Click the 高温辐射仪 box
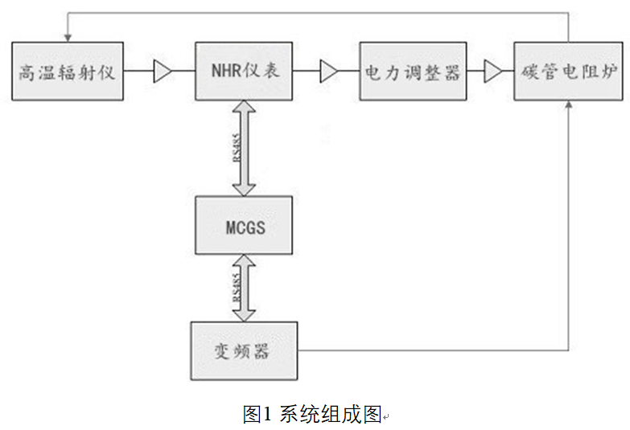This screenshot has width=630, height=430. coord(68,72)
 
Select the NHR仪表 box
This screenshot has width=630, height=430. coord(244,72)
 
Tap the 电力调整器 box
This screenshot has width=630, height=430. coord(413,72)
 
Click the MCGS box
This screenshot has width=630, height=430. coord(244,227)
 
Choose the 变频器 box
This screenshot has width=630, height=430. coord(244,351)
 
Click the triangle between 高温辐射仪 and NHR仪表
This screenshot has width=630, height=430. coord(163,73)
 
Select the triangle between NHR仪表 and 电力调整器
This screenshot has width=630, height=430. coord(328,73)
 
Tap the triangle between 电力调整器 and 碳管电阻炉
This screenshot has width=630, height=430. coord(492,73)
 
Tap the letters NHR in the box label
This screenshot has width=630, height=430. coord(225,72)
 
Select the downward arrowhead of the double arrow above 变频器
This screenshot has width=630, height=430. coord(244,313)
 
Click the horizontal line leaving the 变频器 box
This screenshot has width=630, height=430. coord(434,351)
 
